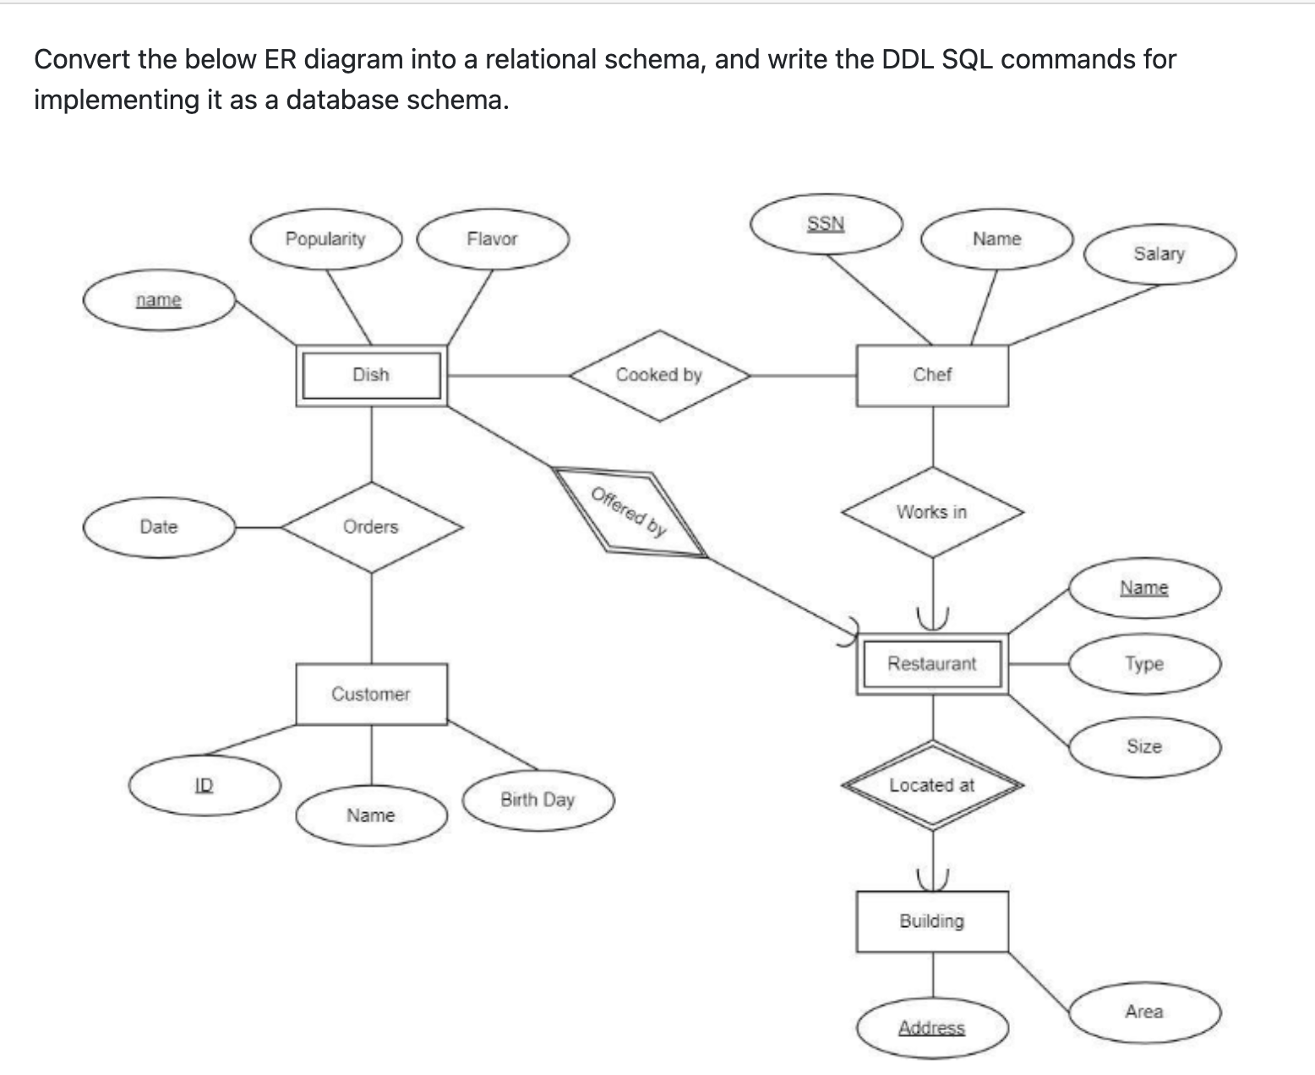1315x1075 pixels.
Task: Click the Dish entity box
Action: (371, 375)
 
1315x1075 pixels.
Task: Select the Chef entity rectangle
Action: (932, 375)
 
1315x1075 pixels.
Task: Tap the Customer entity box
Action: (371, 694)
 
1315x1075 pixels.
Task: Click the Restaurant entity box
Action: (932, 664)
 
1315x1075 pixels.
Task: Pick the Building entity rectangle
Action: (932, 921)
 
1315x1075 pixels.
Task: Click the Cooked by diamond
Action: (659, 375)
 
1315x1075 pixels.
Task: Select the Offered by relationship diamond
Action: (630, 513)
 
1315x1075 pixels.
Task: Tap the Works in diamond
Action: (932, 512)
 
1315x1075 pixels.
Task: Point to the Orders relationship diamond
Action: (372, 527)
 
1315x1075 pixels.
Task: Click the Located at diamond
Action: (932, 786)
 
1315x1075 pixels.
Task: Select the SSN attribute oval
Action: (826, 224)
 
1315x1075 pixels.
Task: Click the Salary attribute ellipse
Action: (1159, 254)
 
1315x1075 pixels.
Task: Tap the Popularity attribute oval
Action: (325, 239)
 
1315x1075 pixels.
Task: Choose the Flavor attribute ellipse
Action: (492, 239)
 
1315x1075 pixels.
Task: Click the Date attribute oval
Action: (159, 527)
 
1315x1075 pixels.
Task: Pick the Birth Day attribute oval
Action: (537, 800)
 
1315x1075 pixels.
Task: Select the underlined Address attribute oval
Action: (932, 1029)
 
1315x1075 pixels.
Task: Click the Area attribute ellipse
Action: (1144, 1012)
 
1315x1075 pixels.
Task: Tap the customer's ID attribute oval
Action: (205, 785)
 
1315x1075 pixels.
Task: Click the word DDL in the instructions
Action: (911, 59)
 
